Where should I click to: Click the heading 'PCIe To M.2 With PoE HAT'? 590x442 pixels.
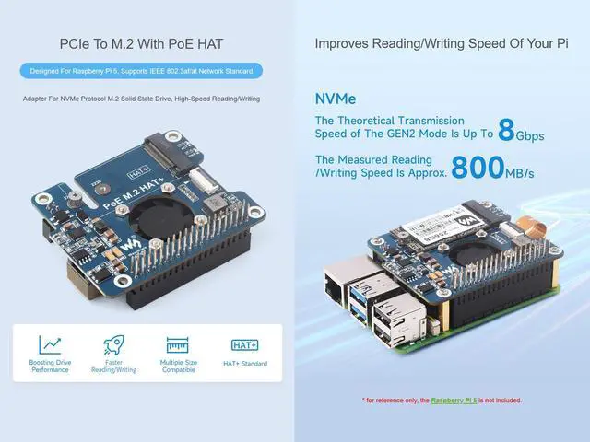(x=147, y=43)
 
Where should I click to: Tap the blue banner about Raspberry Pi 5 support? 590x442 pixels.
(x=147, y=71)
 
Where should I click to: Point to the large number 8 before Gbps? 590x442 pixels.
(x=506, y=130)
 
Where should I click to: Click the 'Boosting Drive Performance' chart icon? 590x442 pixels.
(x=51, y=345)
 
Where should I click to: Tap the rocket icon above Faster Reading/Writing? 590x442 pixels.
(x=114, y=345)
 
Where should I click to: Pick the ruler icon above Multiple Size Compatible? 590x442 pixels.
(x=178, y=345)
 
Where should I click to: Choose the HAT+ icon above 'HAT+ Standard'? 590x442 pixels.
(x=243, y=345)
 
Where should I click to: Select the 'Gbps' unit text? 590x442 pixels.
(x=530, y=136)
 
